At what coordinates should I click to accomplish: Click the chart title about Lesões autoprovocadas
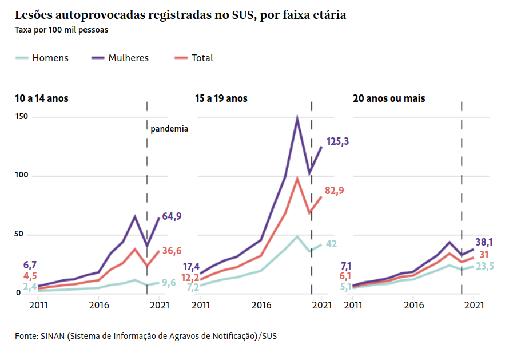tap(180, 15)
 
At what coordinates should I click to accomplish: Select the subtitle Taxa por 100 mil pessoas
tap(62, 30)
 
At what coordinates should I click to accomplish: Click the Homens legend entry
tap(42, 58)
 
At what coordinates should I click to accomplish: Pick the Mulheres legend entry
tap(120, 58)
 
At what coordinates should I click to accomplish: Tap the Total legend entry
tap(194, 58)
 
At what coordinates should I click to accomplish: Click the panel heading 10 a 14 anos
tap(42, 98)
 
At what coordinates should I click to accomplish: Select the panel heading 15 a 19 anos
tap(221, 98)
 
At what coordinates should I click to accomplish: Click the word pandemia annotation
tap(169, 129)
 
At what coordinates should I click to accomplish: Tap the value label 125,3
tap(337, 141)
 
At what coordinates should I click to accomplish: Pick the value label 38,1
tap(487, 242)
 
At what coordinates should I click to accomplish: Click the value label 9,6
tap(168, 282)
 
